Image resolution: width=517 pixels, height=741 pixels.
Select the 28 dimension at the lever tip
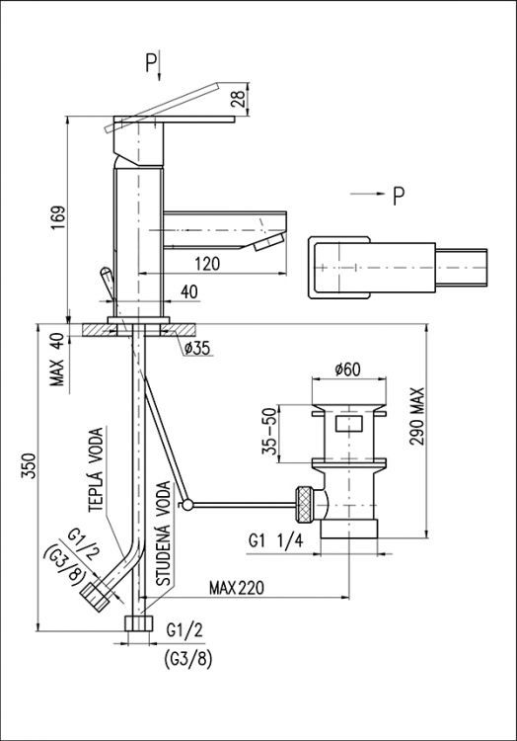click(239, 98)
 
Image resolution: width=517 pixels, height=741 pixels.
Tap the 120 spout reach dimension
click(207, 264)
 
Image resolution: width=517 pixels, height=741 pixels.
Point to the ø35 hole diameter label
click(197, 349)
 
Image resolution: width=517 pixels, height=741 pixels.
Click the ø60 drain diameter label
click(347, 370)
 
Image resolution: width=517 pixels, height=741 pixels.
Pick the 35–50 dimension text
click(269, 432)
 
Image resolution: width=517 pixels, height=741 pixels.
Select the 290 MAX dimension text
click(417, 417)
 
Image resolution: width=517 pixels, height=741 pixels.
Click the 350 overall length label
click(29, 465)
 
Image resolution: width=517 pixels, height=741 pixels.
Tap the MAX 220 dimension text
click(237, 588)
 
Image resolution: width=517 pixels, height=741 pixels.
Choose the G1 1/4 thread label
click(276, 540)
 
